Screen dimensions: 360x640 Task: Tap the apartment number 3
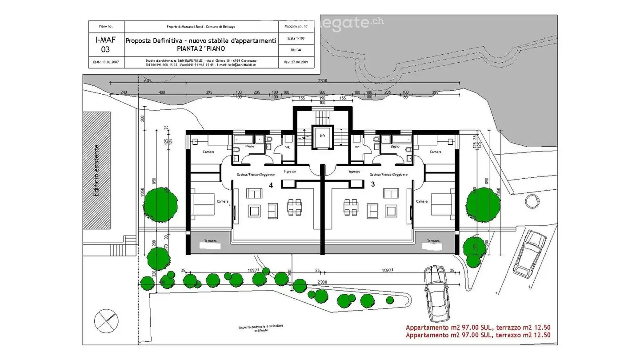click(372, 184)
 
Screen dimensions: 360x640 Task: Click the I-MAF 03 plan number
click(105, 44)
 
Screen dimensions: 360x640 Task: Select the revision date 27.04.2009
click(296, 62)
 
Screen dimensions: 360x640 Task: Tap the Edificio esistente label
click(96, 170)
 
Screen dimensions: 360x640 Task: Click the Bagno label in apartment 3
click(395, 146)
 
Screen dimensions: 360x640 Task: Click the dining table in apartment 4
click(294, 207)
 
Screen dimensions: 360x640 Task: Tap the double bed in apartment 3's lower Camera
click(442, 204)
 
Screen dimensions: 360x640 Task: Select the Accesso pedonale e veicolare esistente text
click(260, 328)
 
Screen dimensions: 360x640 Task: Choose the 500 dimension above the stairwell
click(322, 92)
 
